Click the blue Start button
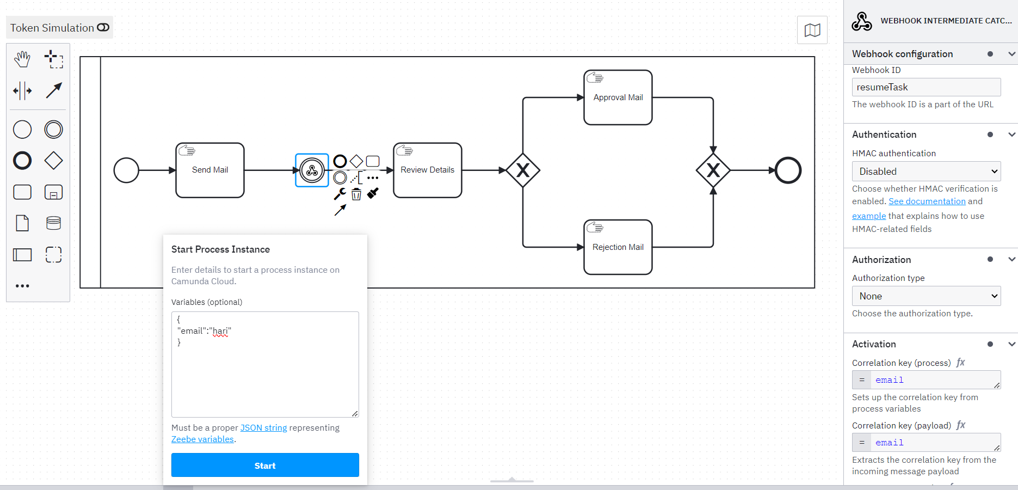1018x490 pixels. pyautogui.click(x=265, y=465)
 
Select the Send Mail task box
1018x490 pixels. pyautogui.click(x=210, y=170)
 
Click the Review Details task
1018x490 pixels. pyautogui.click(x=427, y=170)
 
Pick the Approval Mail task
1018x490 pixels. pyautogui.click(x=618, y=97)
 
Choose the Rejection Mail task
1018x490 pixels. pyautogui.click(x=618, y=247)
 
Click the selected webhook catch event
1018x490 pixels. pyautogui.click(x=312, y=170)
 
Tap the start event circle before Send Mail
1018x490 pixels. pyautogui.click(x=126, y=170)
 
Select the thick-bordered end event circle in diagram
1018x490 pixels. pyautogui.click(x=788, y=170)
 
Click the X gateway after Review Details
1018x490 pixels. pyautogui.click(x=522, y=170)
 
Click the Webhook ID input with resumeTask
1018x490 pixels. pyautogui.click(x=926, y=87)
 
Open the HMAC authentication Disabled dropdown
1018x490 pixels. pyautogui.click(x=926, y=171)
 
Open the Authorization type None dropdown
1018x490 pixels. pyautogui.click(x=926, y=296)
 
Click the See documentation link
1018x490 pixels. pyautogui.click(x=927, y=201)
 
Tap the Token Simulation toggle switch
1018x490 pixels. pyautogui.click(x=103, y=27)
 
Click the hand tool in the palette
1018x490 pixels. pyautogui.click(x=22, y=59)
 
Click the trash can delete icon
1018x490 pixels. pyautogui.click(x=356, y=194)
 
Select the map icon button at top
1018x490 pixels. pyautogui.click(x=812, y=30)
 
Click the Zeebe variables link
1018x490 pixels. pyautogui.click(x=202, y=439)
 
